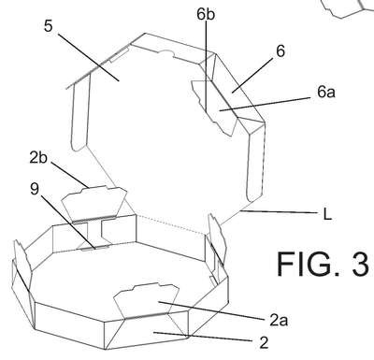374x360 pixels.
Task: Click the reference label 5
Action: point(49,26)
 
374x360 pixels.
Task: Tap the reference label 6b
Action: point(206,15)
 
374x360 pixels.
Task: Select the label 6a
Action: point(326,92)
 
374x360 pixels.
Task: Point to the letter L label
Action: point(327,215)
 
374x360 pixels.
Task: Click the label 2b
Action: point(38,158)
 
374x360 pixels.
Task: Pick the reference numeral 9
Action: point(35,189)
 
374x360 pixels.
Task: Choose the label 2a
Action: point(279,320)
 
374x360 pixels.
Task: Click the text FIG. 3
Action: point(323,264)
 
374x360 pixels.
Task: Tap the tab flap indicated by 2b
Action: point(94,203)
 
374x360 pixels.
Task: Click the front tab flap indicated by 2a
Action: point(146,301)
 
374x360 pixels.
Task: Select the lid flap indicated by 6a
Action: point(215,108)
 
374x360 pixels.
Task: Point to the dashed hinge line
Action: point(170,223)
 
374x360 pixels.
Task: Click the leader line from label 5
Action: point(89,57)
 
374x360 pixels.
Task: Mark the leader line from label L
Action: point(280,212)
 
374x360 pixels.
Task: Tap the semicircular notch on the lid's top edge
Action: point(165,52)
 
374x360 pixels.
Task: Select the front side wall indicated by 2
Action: point(147,330)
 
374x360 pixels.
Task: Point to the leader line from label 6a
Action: point(266,104)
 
